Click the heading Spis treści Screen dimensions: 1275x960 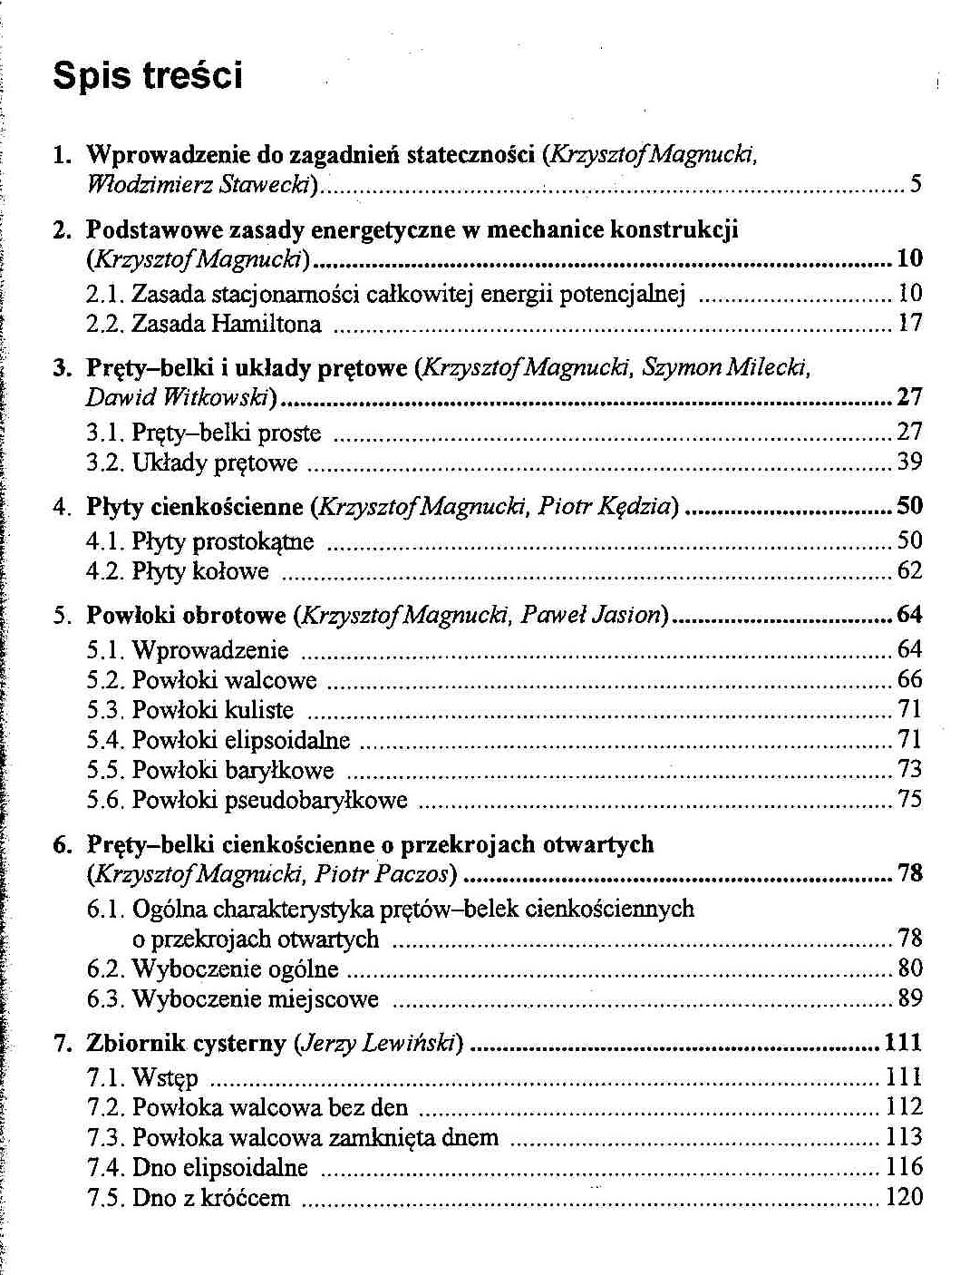click(148, 75)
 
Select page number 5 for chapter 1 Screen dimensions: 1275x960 click(916, 185)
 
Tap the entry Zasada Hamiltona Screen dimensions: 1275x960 click(227, 324)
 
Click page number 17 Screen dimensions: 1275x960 click(909, 323)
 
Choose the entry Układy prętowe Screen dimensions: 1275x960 click(215, 463)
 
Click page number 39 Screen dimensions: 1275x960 click(909, 462)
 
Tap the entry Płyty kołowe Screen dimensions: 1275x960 click(200, 571)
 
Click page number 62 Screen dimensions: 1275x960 click(909, 571)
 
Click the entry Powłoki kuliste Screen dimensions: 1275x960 click(213, 710)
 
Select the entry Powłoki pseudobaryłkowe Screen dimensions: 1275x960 click(269, 800)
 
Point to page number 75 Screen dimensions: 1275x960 click(909, 799)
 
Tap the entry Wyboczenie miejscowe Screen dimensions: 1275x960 click(256, 999)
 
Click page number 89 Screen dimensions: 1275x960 click(909, 998)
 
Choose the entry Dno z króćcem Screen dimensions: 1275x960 click(210, 1198)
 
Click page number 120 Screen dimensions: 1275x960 click(904, 1197)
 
